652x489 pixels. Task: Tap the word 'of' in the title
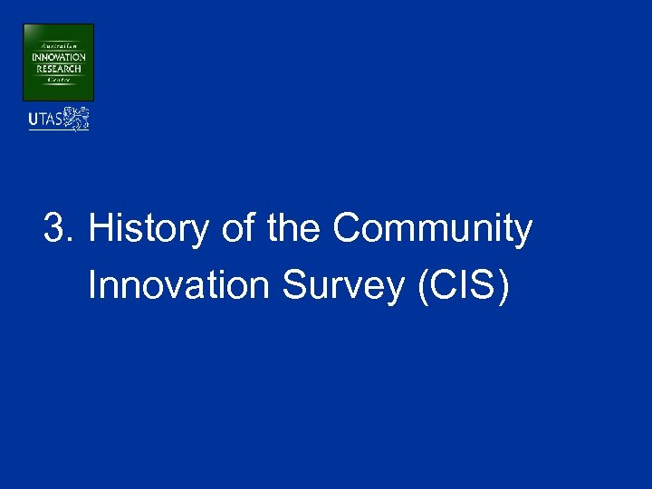[x=238, y=230]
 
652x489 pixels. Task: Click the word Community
[x=432, y=230]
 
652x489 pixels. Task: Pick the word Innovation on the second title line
[x=179, y=286]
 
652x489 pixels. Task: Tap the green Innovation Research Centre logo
[x=58, y=62]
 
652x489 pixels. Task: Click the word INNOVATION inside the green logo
[x=58, y=58]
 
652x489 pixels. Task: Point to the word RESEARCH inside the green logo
[x=58, y=68]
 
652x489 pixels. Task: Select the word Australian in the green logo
[x=58, y=45]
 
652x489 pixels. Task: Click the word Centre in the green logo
[x=58, y=80]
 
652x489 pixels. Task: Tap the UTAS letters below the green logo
[x=45, y=119]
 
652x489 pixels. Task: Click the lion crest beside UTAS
[x=79, y=118]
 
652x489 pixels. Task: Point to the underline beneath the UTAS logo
[x=58, y=130]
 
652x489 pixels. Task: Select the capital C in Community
[x=346, y=230]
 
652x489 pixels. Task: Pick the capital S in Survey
[x=295, y=286]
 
